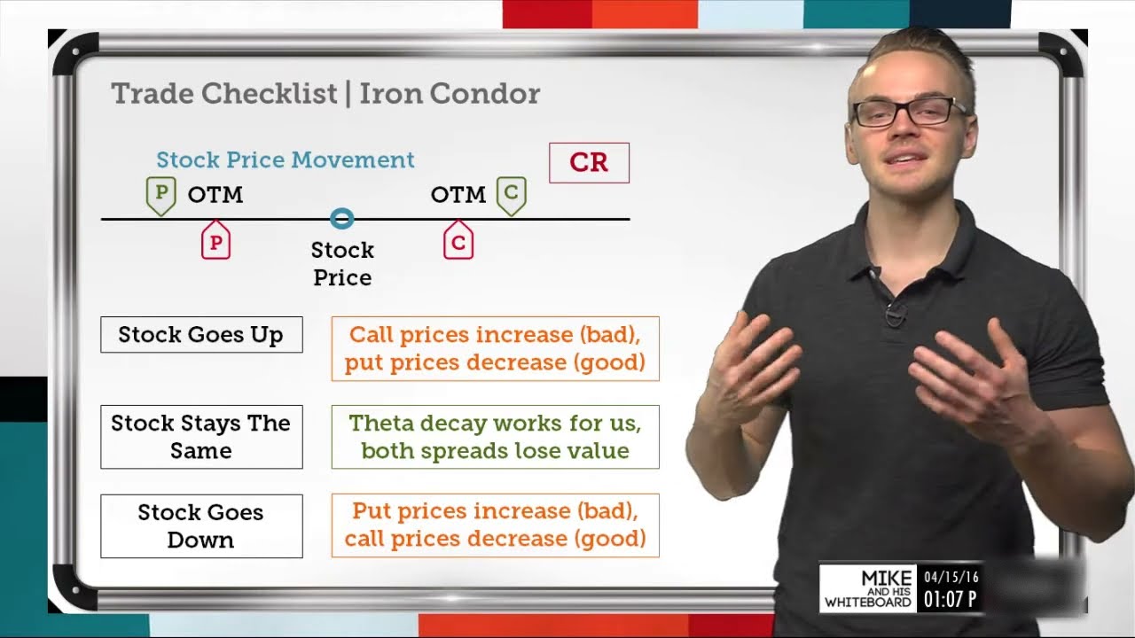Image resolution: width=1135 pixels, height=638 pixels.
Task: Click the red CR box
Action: coord(589,163)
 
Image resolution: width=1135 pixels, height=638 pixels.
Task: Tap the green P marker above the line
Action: coord(160,195)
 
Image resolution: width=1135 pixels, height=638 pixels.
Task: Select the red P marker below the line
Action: coord(215,241)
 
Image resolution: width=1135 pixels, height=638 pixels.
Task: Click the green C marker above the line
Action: coord(511,195)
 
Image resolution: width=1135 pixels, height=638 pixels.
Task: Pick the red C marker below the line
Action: coord(458,241)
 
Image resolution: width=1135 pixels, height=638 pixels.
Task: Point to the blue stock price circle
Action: coord(341,219)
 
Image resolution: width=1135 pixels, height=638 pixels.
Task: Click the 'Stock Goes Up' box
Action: coord(201,335)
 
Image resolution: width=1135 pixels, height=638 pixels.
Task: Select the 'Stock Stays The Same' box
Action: coord(201,437)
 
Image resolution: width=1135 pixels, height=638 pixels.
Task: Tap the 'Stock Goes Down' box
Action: coord(201,525)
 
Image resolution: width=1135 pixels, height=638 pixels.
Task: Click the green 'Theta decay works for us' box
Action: coord(495,437)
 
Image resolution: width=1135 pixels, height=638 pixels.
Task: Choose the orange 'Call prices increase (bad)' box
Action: coord(495,348)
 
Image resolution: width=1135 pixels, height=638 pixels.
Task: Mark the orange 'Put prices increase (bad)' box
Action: coord(495,525)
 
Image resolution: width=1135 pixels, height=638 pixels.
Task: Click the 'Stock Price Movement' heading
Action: coord(285,160)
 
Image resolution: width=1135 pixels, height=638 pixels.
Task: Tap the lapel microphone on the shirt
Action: coord(896,313)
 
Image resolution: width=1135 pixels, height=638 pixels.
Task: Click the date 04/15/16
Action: coord(951,577)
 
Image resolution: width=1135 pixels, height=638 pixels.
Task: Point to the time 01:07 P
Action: coord(950,600)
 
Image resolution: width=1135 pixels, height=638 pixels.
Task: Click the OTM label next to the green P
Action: coord(215,195)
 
